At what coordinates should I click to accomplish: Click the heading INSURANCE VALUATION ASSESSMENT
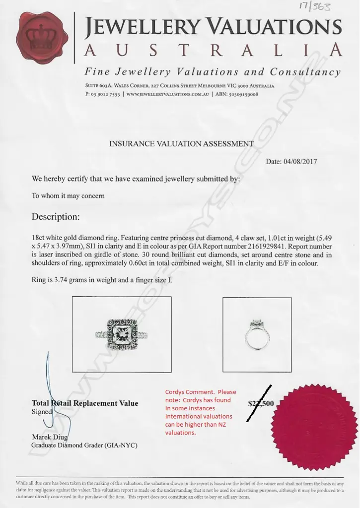[181, 144]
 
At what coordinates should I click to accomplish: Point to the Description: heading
[55, 217]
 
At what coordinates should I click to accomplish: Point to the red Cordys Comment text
[200, 412]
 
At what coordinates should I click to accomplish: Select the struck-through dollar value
[260, 403]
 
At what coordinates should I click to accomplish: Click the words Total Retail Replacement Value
[85, 403]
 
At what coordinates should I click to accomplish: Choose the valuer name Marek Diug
[49, 437]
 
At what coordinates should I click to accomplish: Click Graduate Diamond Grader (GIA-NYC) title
[84, 445]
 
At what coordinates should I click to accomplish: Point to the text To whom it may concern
[68, 195]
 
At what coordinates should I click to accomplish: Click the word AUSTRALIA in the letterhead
[213, 50]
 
